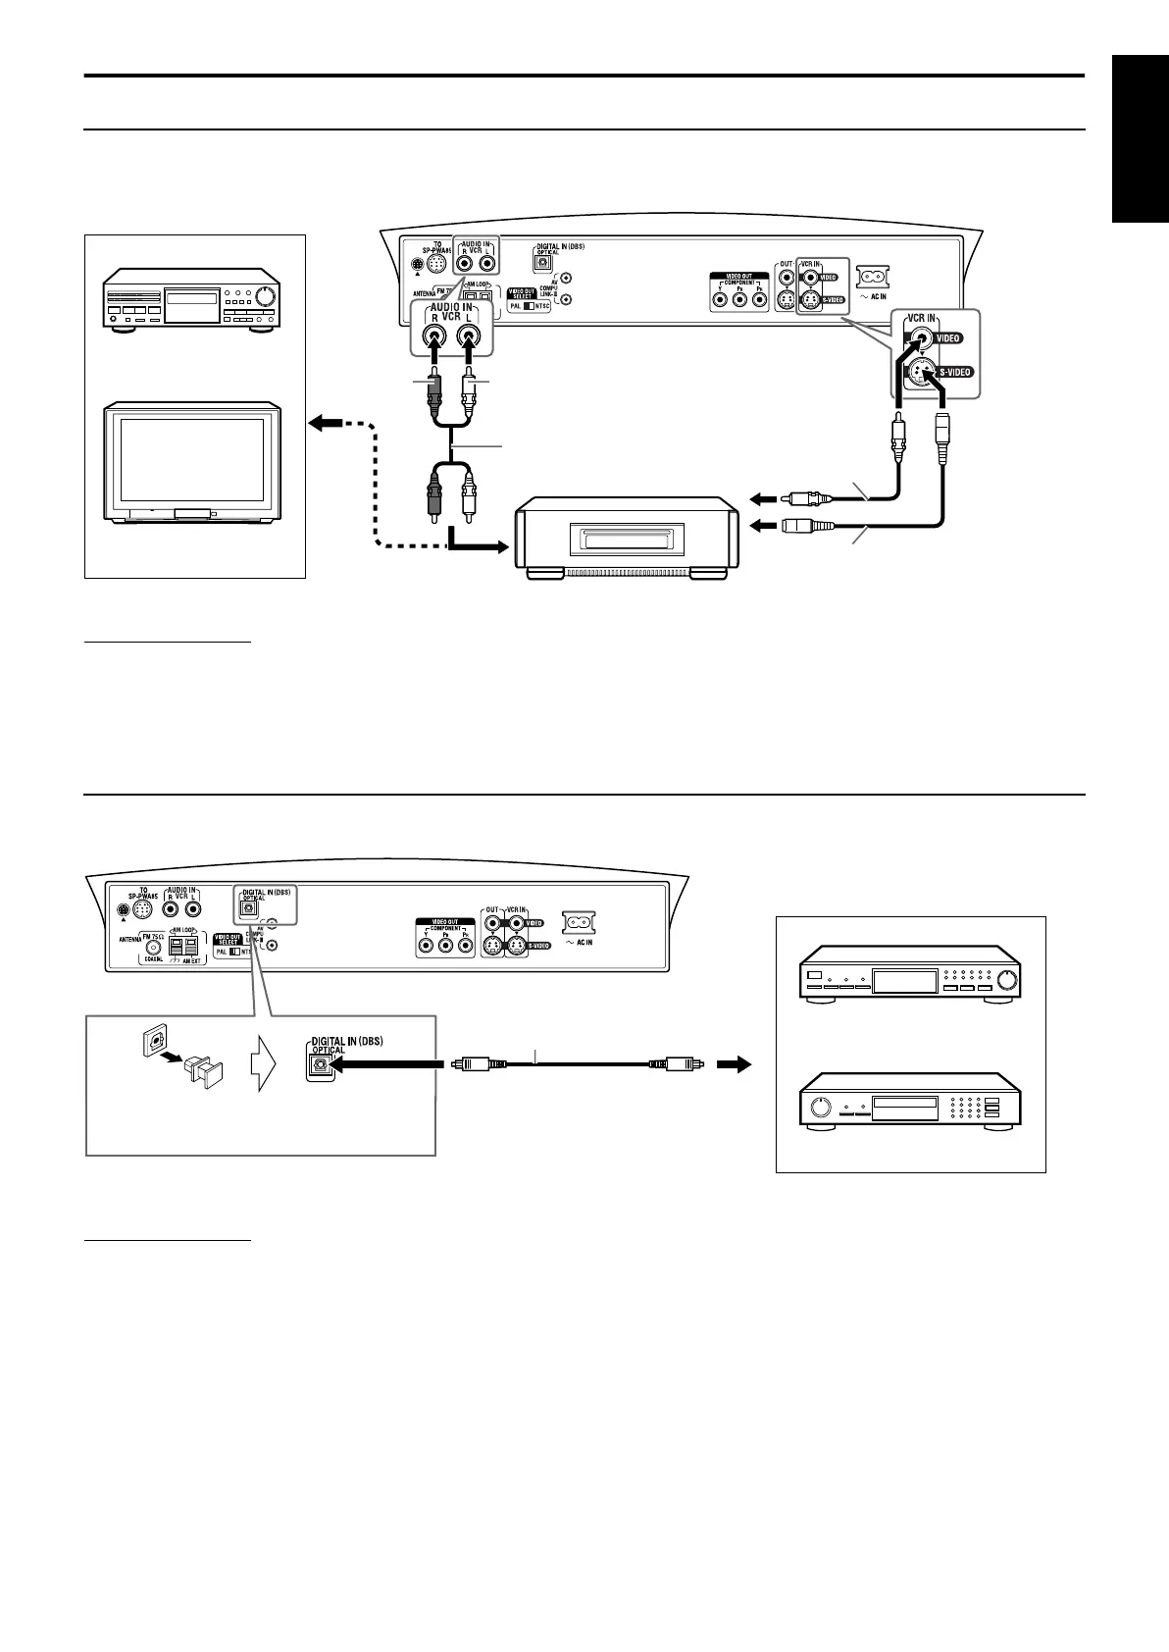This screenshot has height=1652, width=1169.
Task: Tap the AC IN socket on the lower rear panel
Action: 579,923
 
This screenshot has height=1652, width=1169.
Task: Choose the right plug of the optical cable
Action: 677,1062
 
